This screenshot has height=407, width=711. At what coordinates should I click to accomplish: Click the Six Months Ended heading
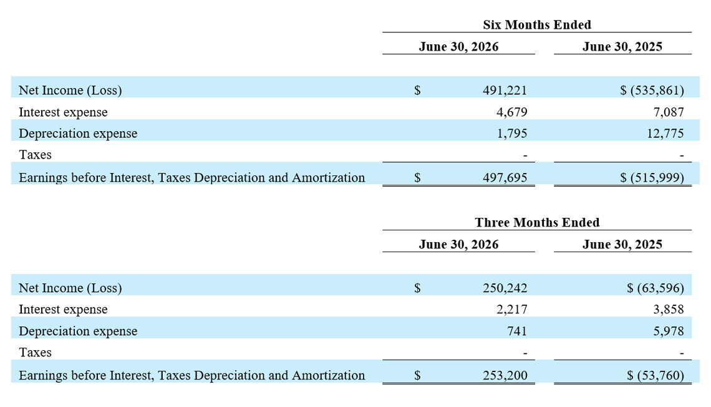(537, 24)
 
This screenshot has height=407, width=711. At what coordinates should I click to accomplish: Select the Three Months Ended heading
(537, 222)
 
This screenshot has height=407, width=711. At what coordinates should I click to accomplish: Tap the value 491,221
(505, 91)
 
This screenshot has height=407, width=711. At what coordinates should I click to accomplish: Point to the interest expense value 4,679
(512, 112)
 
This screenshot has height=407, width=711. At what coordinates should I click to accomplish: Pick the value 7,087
(669, 112)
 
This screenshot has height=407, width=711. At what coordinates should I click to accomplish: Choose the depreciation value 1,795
(512, 134)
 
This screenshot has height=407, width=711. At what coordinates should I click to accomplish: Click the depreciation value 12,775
(665, 134)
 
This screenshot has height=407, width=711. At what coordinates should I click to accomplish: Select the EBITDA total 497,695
(505, 177)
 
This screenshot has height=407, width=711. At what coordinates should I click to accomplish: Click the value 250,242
(505, 288)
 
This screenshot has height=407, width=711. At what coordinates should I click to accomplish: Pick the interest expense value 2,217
(512, 310)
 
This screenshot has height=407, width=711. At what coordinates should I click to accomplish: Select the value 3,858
(669, 310)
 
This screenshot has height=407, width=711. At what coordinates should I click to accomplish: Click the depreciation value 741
(517, 331)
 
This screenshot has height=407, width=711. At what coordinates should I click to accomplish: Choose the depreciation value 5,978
(669, 331)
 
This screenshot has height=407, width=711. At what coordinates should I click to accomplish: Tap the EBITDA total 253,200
(505, 375)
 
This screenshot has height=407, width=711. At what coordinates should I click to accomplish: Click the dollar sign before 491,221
(417, 91)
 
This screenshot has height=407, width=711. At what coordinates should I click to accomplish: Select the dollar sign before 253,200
(417, 375)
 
